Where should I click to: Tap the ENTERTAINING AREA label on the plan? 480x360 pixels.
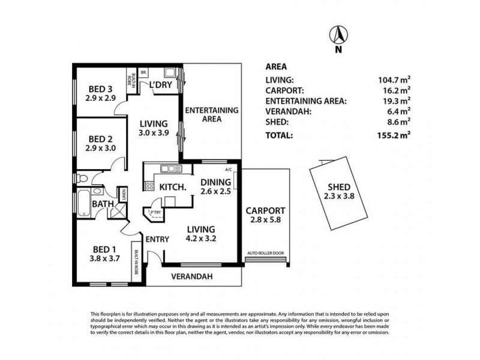pos(211,115)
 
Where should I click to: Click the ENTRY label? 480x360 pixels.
pos(157,239)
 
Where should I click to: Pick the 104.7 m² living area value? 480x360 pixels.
pos(393,80)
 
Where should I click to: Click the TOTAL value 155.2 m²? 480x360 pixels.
pos(393,136)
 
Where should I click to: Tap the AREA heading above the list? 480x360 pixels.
pos(275,67)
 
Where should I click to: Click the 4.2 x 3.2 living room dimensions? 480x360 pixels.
pos(201,238)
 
